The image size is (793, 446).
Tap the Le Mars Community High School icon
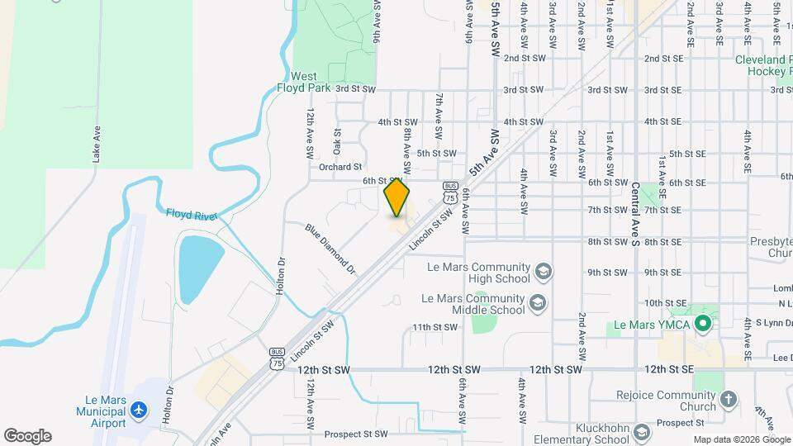click(x=544, y=272)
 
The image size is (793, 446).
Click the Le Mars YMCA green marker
click(x=703, y=324)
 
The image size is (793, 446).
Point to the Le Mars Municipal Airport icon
click(x=139, y=409)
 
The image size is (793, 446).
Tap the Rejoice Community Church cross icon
click(x=728, y=401)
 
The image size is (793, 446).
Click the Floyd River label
click(x=190, y=215)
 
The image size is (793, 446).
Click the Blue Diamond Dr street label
click(x=330, y=249)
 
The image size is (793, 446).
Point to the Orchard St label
click(x=340, y=167)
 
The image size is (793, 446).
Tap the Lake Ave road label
click(x=97, y=144)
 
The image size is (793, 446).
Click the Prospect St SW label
click(x=356, y=434)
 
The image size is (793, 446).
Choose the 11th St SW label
click(x=434, y=327)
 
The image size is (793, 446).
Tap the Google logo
click(x=27, y=436)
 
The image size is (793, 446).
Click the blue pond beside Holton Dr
click(x=200, y=268)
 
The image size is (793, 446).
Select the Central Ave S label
click(x=635, y=215)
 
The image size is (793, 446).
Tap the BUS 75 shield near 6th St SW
click(x=450, y=192)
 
